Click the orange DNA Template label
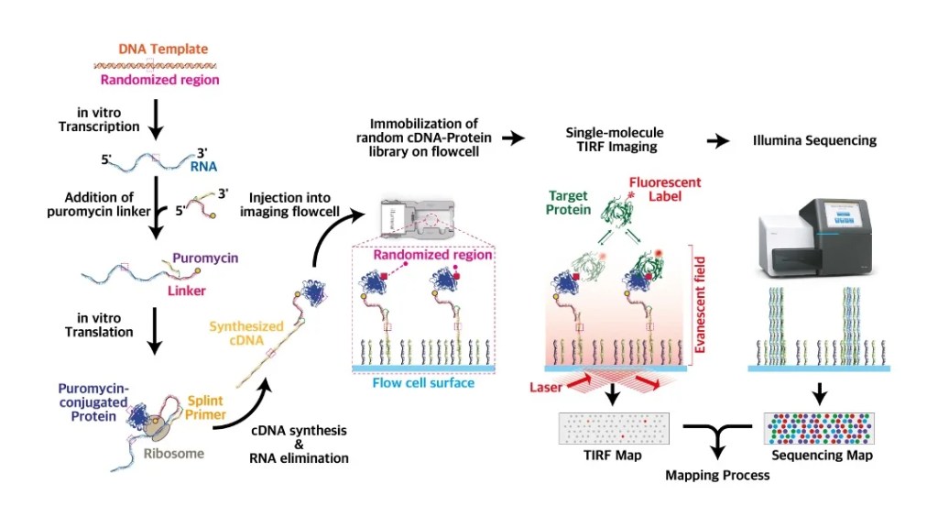(x=163, y=49)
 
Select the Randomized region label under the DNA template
(x=159, y=81)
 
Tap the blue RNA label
(x=203, y=168)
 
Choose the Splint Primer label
(x=206, y=408)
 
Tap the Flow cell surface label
(x=423, y=382)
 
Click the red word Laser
(x=546, y=388)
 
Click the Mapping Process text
(x=717, y=475)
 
